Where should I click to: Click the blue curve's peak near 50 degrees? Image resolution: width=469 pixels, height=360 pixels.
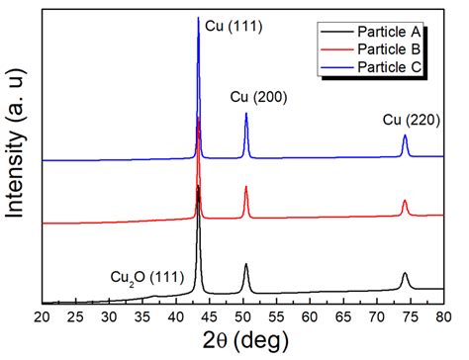246,114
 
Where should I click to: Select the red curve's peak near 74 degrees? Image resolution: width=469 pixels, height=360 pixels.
405,201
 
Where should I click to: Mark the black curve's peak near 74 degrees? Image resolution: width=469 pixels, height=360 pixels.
405,273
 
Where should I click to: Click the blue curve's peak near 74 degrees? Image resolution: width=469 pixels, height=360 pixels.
405,136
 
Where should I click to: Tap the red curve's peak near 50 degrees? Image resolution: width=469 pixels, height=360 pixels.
246,187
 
